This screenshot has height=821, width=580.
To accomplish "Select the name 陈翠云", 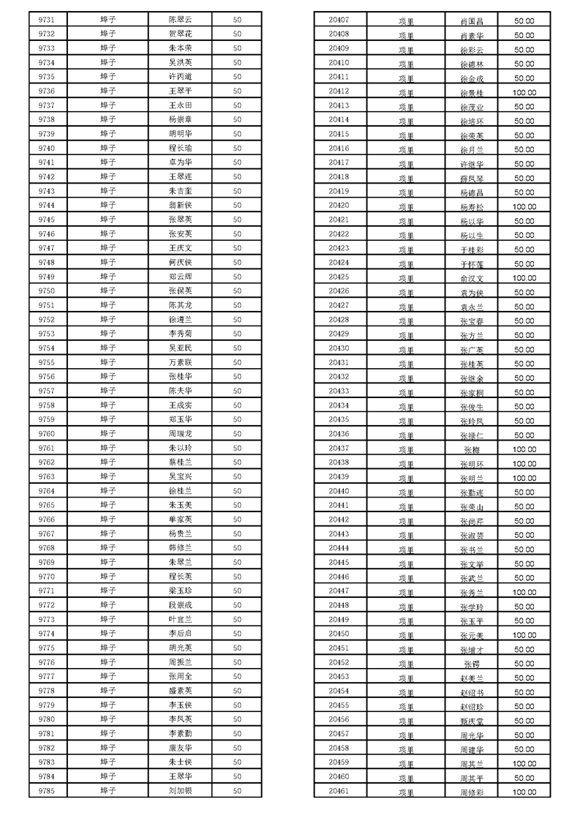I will tap(180, 20).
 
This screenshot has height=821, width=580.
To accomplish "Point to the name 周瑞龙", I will tap(180, 434).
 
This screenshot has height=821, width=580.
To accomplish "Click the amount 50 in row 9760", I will tap(237, 434).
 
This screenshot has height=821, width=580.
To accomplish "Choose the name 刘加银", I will tap(180, 791).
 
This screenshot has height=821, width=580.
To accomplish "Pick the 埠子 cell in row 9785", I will tap(108, 791).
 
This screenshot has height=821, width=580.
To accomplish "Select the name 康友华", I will tap(180, 748).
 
